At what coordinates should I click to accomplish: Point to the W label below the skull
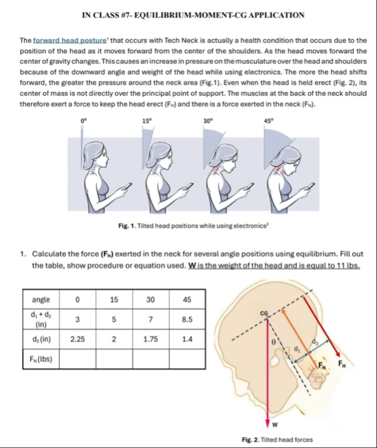point(276,425)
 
